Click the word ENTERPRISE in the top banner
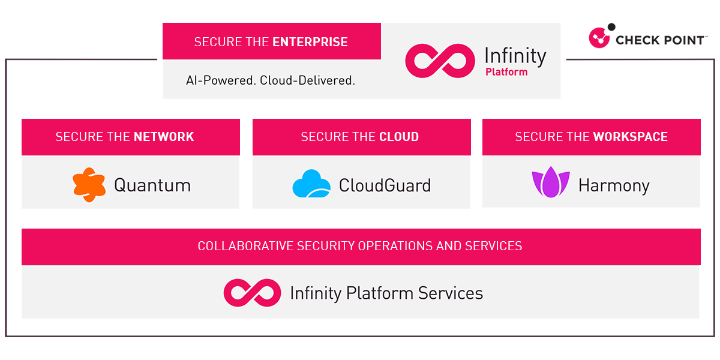click(310, 42)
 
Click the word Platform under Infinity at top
click(506, 72)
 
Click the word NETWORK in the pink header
click(164, 137)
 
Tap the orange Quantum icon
click(89, 185)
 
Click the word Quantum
click(152, 185)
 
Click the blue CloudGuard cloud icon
click(311, 184)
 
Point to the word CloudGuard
click(385, 185)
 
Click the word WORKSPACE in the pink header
click(630, 137)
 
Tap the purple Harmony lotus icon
click(550, 184)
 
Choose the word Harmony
click(613, 185)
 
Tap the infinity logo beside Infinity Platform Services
click(252, 293)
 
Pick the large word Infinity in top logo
click(515, 56)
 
